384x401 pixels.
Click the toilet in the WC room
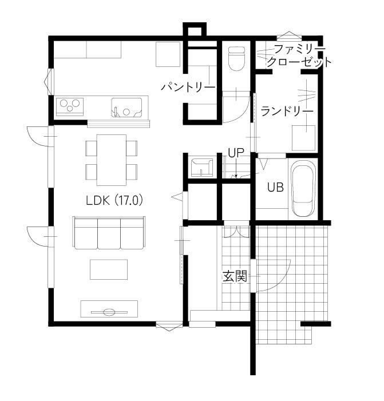point(237,58)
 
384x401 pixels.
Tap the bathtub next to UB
point(303,189)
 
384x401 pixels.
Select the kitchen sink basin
point(126,108)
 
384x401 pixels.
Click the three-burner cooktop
point(70,106)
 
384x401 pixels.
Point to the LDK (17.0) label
point(114,200)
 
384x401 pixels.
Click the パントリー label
point(188,87)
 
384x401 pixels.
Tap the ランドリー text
point(287,111)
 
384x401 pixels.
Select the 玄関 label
point(235,276)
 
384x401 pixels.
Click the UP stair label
point(236,153)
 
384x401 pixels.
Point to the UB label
point(275,188)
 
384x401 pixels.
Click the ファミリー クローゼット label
point(299,55)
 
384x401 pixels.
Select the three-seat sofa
point(109,233)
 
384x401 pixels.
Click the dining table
point(111,160)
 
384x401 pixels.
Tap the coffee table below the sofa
point(109,269)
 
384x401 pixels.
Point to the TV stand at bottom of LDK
point(109,309)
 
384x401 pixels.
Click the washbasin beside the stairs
point(202,168)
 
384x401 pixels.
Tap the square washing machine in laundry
point(304,138)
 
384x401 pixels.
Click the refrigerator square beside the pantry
point(168,54)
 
